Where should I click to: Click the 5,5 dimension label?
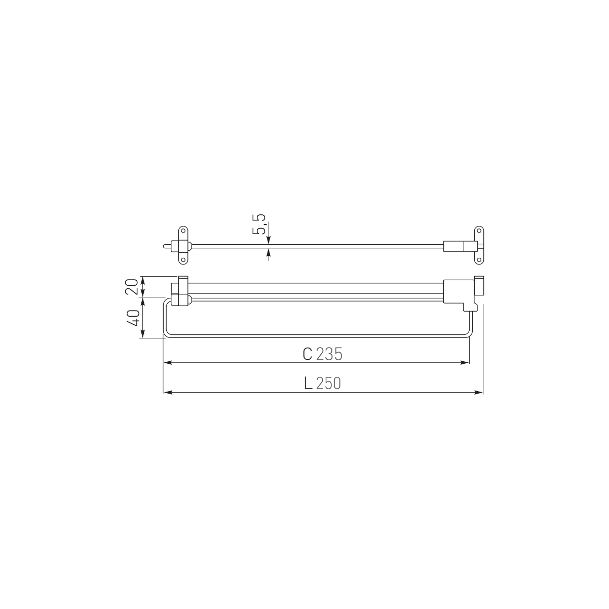pos(258,224)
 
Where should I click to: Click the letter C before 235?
pos(308,354)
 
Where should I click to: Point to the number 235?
pos(329,354)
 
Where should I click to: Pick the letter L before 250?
pos(308,384)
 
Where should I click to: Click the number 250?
pos(328,384)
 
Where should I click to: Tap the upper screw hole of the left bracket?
pos(183,231)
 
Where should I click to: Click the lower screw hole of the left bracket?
pos(183,260)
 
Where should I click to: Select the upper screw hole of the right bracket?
pos(479,231)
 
